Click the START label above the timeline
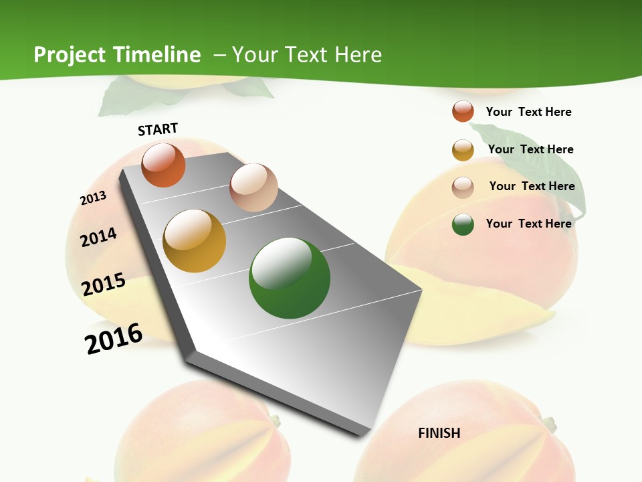(x=158, y=129)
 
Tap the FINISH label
(x=439, y=433)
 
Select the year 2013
(x=93, y=198)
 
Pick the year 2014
(x=98, y=237)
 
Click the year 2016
(x=114, y=339)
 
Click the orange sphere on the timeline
(x=163, y=165)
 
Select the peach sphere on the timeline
(x=253, y=187)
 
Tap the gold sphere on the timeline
(x=195, y=241)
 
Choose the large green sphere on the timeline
(x=290, y=278)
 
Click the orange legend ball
(x=463, y=111)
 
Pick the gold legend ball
(x=463, y=149)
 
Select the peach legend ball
(x=463, y=187)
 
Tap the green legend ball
(x=463, y=224)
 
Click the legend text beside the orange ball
(x=528, y=112)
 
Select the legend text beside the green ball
(x=528, y=224)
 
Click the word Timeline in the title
(x=158, y=55)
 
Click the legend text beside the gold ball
(x=530, y=149)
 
